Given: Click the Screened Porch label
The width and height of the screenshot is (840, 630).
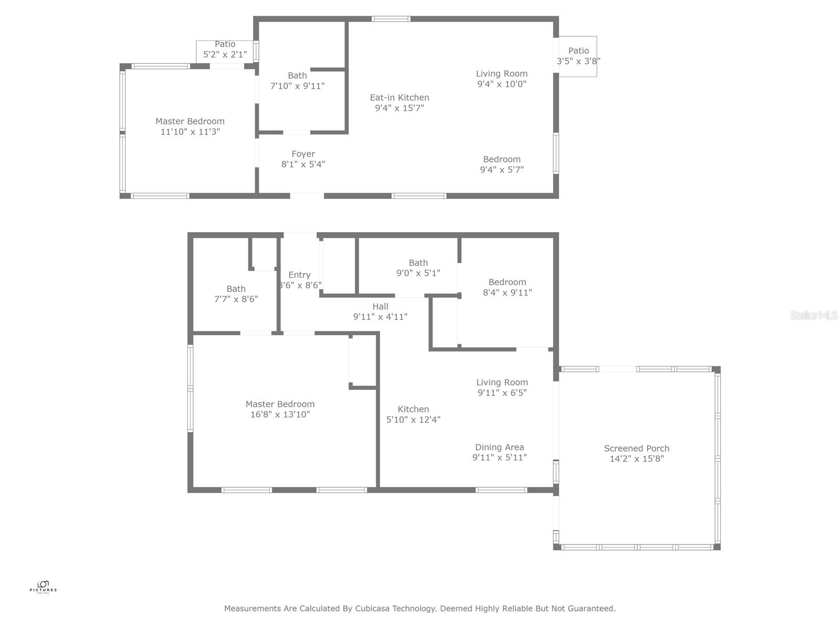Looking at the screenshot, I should point(636,448).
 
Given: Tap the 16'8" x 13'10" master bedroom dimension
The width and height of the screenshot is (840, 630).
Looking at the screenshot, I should point(280,414).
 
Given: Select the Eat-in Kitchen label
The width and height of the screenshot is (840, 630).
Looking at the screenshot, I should point(399,98).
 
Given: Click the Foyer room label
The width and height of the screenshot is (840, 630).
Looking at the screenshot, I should point(303,154).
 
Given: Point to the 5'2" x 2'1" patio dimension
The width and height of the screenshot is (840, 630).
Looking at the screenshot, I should point(225,54).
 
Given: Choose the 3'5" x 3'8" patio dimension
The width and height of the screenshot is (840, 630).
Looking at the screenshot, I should point(578,61).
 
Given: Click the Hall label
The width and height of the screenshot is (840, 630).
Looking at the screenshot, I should point(380,307).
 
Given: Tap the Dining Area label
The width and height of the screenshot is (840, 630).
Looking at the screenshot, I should point(499,447).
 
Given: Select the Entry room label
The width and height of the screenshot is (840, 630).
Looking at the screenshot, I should point(299,275).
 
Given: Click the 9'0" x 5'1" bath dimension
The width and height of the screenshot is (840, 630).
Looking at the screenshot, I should point(418,273).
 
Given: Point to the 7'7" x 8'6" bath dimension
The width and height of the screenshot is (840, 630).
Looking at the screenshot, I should point(236,299).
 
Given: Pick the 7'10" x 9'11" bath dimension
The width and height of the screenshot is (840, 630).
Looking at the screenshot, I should point(297,86).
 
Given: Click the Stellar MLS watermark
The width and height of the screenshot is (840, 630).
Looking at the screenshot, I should point(813,315).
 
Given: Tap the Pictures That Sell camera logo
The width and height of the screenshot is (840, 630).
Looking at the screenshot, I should point(43,584).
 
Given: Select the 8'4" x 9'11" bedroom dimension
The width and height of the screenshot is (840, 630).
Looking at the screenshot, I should point(507,292).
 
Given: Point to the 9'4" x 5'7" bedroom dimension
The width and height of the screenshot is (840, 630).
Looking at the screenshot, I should point(501,170).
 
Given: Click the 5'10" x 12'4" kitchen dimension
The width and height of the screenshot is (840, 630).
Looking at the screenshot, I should point(413,419).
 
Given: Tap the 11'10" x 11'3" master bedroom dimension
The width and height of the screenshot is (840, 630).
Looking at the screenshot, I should point(190,132).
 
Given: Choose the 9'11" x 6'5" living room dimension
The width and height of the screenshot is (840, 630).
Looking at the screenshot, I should point(502,393).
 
